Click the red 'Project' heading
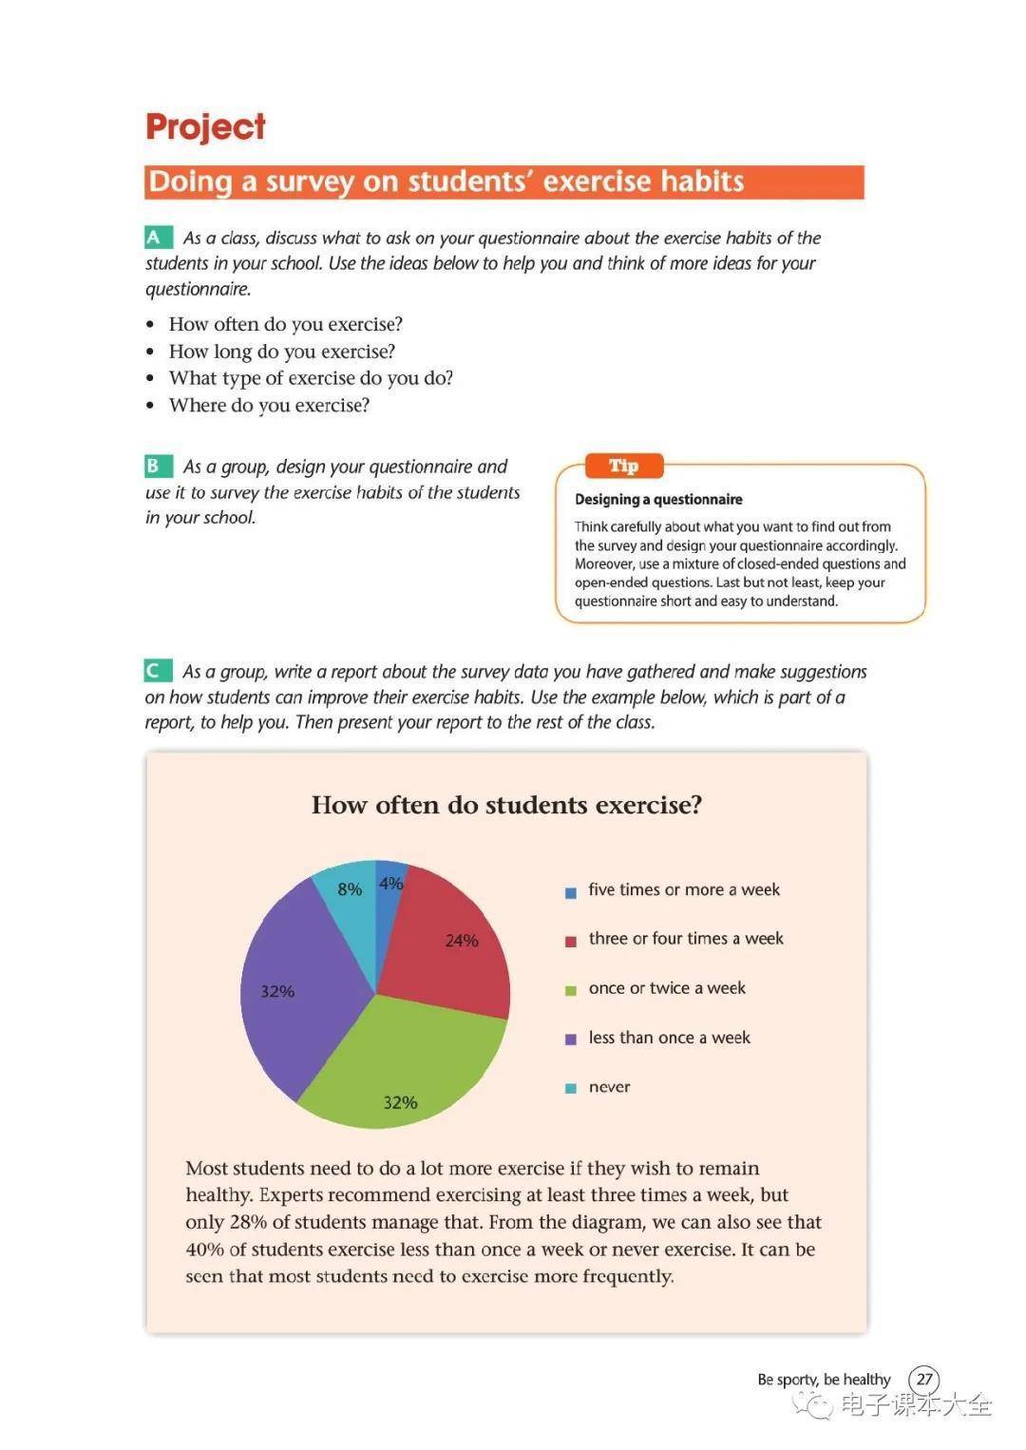(x=205, y=127)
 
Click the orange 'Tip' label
(x=623, y=466)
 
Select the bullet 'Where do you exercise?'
(x=269, y=406)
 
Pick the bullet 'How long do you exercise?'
(x=281, y=352)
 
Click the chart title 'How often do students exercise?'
(x=506, y=806)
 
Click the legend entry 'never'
(x=609, y=1087)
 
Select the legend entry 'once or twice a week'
(x=667, y=988)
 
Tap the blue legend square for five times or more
(x=571, y=892)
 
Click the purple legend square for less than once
(x=571, y=1040)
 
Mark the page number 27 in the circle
(x=923, y=1379)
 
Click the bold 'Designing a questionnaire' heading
(x=658, y=500)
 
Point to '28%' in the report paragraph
(x=248, y=1222)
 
